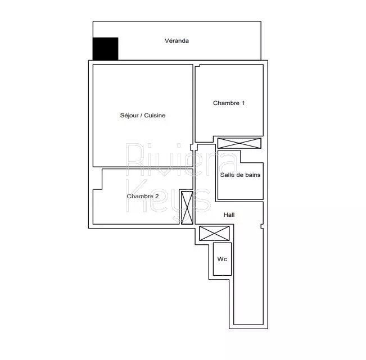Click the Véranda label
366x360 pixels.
177,40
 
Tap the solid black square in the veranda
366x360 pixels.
106,49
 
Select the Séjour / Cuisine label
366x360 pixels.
143,115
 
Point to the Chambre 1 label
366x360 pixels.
229,103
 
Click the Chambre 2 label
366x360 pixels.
143,196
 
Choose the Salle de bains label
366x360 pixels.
240,175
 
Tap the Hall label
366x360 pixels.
229,215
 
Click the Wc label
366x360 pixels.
222,259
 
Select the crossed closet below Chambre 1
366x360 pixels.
240,143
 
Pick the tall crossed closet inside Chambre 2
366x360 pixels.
187,207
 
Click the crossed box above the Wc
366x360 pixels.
214,233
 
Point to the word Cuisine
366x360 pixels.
155,115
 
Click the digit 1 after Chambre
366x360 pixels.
243,103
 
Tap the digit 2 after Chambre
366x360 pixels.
157,196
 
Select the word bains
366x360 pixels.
254,175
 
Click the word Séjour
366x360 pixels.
129,116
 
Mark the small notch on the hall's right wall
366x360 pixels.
262,226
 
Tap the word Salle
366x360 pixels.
227,175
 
